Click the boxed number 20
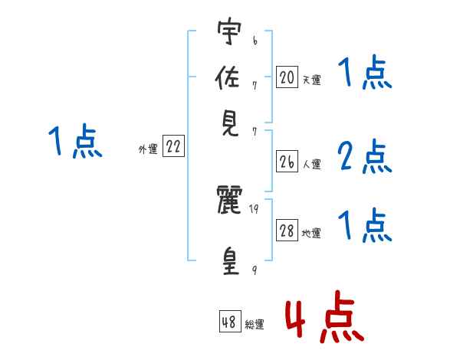pos(287,77)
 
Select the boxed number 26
pos(287,162)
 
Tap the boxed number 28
pos(287,231)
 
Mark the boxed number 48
pos(229,322)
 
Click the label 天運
pos(311,80)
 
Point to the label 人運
pos(311,164)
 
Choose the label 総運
pos(254,325)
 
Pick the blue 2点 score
pos(364,158)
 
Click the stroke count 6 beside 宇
pos(254,37)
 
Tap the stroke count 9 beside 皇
pos(255,270)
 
